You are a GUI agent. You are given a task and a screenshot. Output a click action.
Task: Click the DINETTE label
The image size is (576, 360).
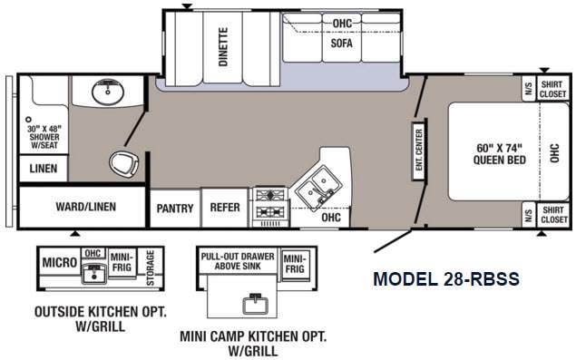[223, 46]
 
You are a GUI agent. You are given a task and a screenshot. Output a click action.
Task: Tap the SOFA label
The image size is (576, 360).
[342, 43]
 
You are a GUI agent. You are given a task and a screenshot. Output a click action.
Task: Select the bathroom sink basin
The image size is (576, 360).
[108, 92]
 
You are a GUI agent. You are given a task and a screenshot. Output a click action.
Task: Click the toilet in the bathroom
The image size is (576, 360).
[123, 164]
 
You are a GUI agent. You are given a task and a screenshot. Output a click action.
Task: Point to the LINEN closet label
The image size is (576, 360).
[44, 169]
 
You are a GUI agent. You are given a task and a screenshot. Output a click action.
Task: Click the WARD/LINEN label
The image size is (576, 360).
[85, 207]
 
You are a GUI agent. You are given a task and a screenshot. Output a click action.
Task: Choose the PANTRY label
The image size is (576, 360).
[175, 209]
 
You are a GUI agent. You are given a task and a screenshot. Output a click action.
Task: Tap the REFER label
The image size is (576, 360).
[225, 207]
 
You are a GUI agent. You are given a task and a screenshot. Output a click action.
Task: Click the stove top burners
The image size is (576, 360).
[270, 203]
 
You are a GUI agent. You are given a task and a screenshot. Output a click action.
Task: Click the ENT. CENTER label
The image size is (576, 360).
[419, 150]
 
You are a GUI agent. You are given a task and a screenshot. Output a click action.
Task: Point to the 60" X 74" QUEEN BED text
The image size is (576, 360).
[499, 154]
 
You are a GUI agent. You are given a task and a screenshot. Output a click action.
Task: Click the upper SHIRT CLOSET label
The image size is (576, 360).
[552, 89]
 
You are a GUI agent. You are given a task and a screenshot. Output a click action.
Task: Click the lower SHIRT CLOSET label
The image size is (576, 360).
[553, 215]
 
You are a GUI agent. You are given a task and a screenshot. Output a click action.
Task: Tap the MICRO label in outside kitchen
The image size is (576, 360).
[60, 262]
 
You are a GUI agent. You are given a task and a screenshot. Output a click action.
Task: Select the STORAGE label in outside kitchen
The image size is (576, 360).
[151, 268]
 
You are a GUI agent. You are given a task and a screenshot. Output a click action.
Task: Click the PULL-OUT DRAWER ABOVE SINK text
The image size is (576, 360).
[238, 261]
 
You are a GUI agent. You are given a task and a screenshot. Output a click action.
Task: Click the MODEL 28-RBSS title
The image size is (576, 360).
[446, 278]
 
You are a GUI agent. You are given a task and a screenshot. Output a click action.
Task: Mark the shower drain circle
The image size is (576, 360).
[28, 120]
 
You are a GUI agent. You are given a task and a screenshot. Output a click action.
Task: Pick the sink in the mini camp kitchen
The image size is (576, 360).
[255, 304]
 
